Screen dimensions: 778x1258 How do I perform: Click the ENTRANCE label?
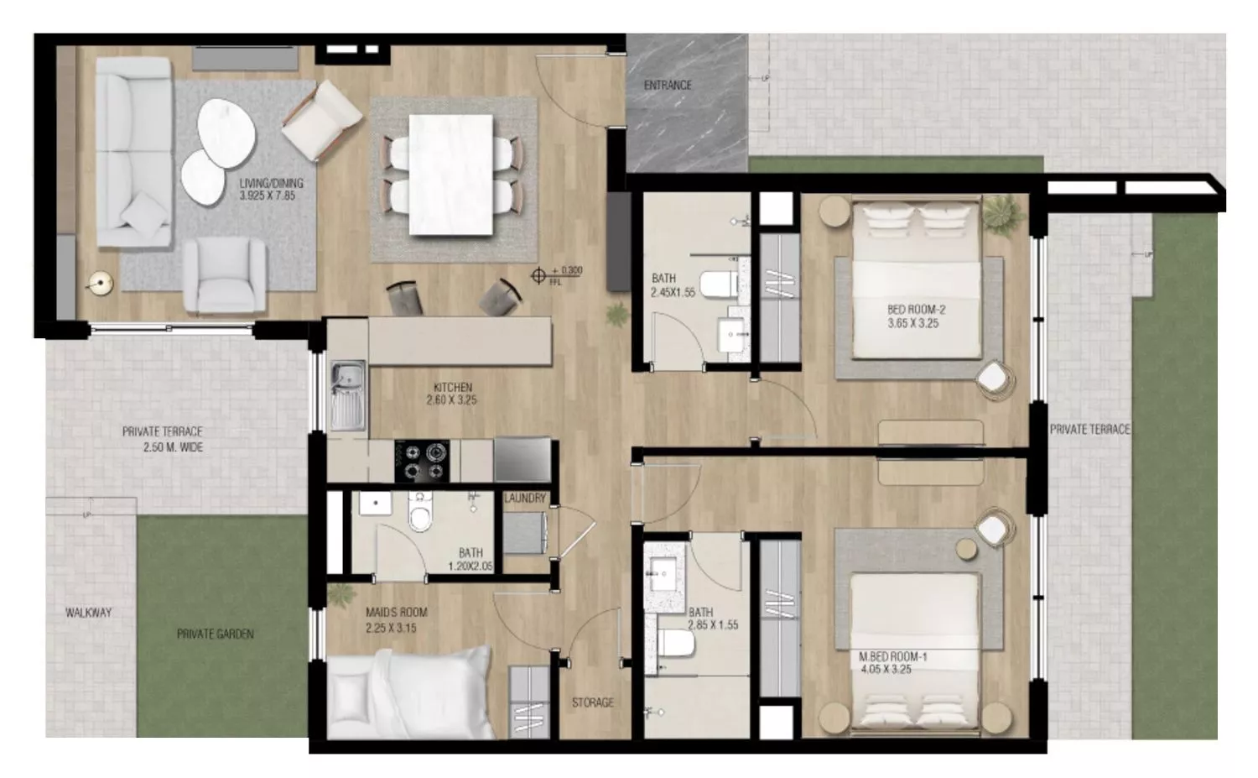click(x=668, y=86)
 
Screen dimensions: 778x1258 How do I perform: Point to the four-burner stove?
click(x=422, y=461)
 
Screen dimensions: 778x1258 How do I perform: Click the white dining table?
click(x=450, y=174)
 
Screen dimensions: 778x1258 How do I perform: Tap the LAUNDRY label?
click(x=525, y=499)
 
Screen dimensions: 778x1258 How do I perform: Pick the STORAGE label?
click(x=593, y=702)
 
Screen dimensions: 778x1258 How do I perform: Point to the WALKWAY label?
click(x=88, y=613)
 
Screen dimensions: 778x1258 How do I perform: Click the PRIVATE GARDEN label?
click(x=215, y=634)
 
